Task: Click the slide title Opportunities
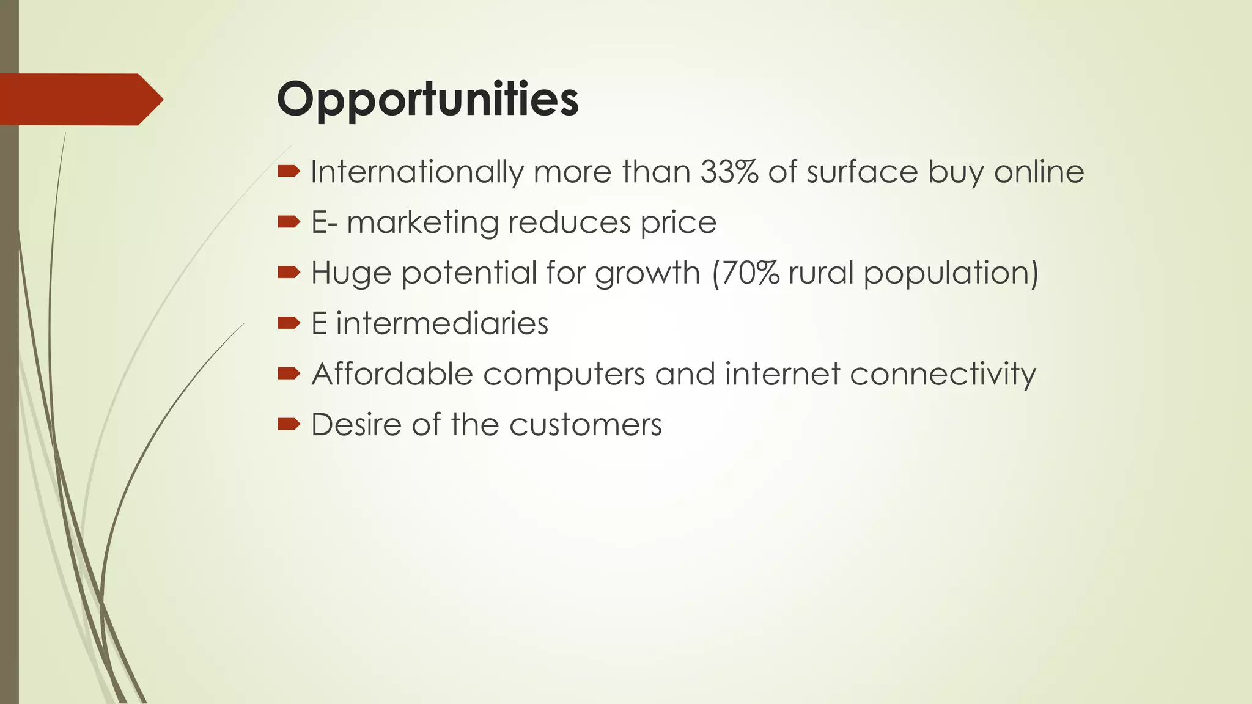427,100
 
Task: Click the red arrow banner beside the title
79,100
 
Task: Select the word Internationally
417,172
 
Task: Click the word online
1039,172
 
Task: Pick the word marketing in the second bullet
422,222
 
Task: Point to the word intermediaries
442,323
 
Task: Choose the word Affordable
392,373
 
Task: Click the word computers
564,375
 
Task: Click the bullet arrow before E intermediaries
289,323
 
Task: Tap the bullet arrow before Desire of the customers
289,424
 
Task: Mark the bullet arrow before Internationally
289,171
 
